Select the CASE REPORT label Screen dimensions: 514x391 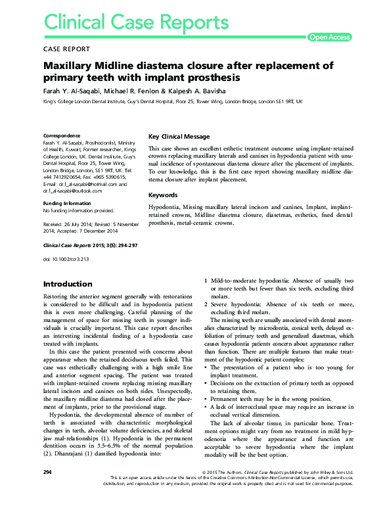(68, 49)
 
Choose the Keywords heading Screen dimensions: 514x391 (163, 195)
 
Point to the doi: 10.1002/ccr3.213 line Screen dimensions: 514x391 (66, 260)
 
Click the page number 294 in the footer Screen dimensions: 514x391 (47, 490)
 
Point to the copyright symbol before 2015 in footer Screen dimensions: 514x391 (207, 490)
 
